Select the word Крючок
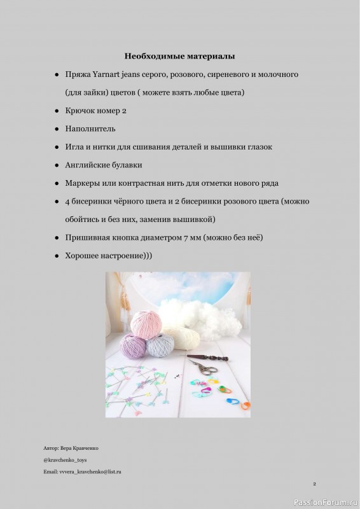coord(81,111)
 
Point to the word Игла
coord(74,147)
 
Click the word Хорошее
coord(84,256)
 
